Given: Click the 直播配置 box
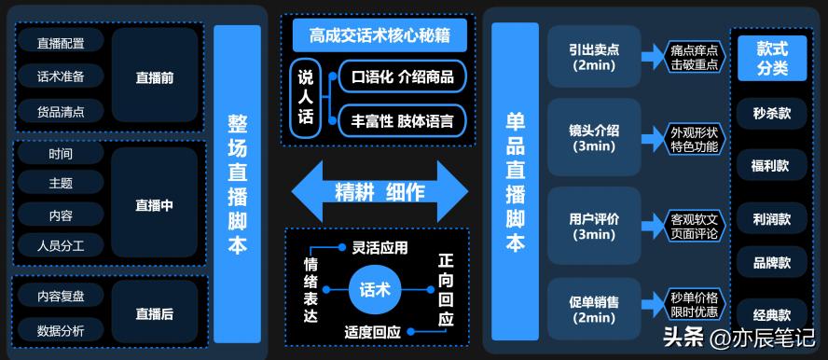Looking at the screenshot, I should click(x=61, y=43).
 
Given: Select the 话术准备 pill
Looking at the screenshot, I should click(x=61, y=76).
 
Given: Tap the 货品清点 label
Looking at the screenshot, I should click(x=61, y=112).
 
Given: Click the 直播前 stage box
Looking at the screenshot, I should click(x=155, y=77).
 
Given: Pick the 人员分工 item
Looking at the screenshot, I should click(x=61, y=246).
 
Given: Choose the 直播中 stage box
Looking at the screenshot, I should click(x=155, y=204).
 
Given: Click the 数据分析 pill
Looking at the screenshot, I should click(x=61, y=330).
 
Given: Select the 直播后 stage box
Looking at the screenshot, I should click(x=155, y=314).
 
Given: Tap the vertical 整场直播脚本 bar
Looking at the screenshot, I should click(x=237, y=183).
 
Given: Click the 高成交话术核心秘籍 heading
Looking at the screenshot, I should click(x=374, y=37).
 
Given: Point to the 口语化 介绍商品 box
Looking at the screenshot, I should click(x=403, y=76).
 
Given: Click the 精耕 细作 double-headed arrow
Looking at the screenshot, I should click(x=379, y=191).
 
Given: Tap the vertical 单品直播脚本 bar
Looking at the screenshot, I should click(x=515, y=183).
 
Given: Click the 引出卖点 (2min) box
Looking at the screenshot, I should click(x=594, y=57).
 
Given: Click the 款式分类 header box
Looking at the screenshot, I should click(x=771, y=59).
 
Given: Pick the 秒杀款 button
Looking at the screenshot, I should click(x=771, y=113).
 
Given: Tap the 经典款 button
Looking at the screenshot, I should click(x=771, y=315).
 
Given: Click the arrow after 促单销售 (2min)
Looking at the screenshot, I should click(x=652, y=304).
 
